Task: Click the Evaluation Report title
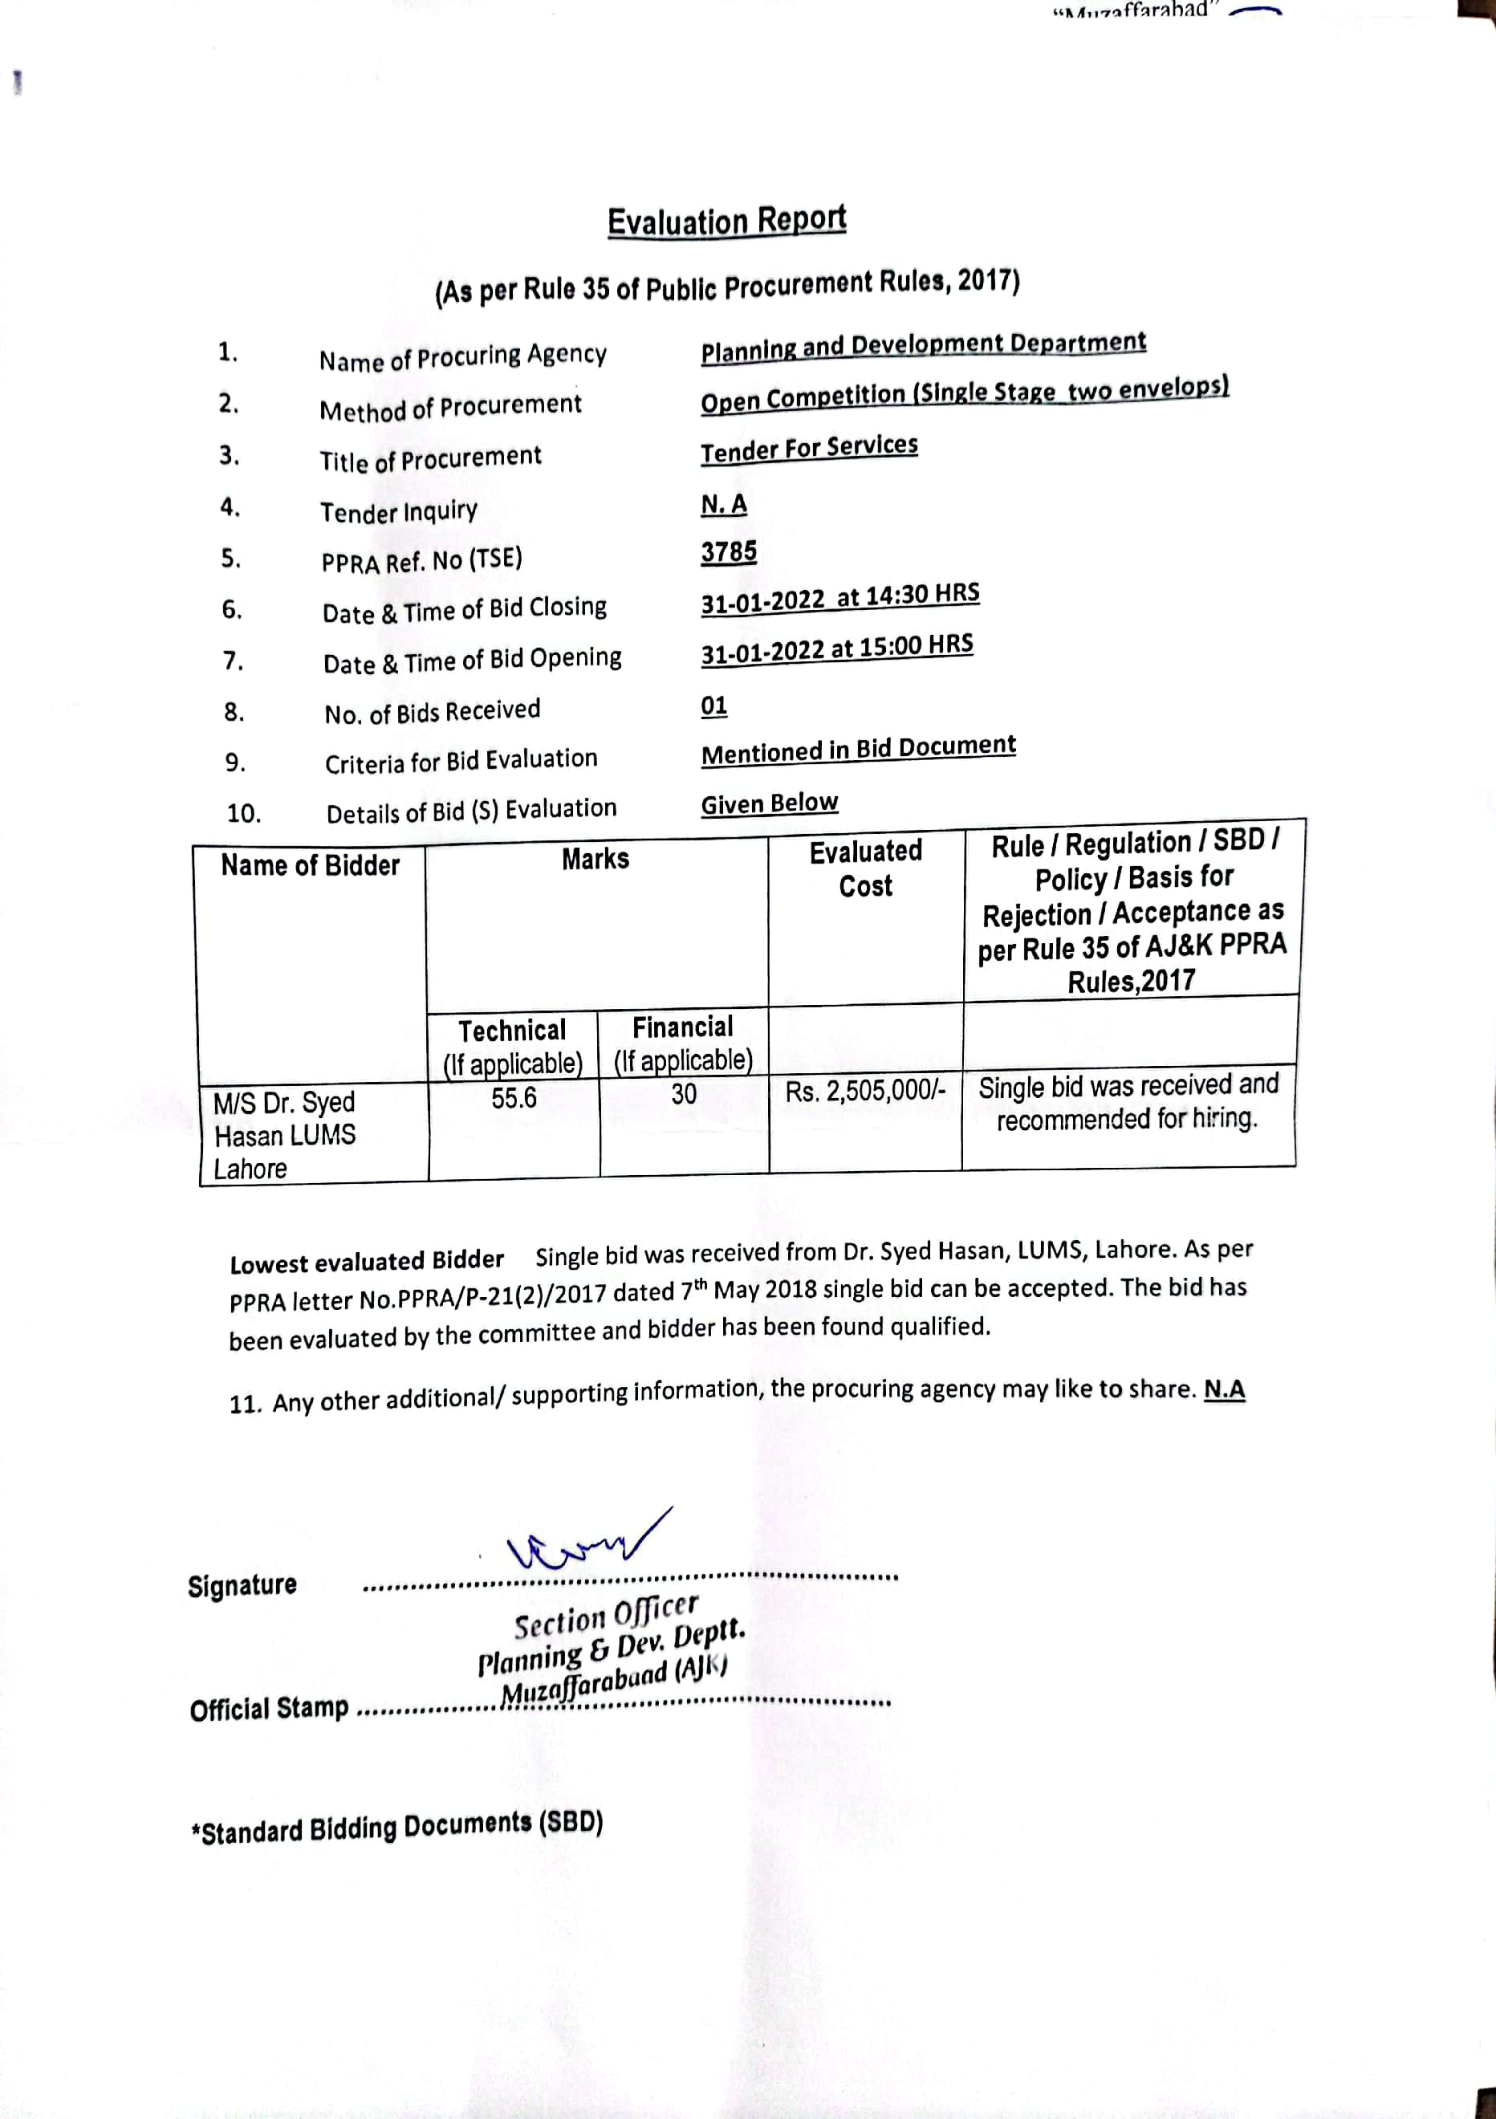click(726, 221)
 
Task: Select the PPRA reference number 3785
click(728, 552)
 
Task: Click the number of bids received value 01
click(713, 706)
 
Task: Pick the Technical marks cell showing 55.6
click(513, 1097)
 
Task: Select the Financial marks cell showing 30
click(683, 1094)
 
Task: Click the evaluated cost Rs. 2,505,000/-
click(864, 1092)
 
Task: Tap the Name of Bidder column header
click(310, 866)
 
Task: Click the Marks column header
click(596, 859)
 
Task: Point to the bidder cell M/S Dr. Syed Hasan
click(284, 1135)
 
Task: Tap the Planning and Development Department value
click(923, 346)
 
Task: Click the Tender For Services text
click(808, 449)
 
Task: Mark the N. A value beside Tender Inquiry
click(724, 505)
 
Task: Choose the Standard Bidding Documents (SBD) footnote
click(396, 1828)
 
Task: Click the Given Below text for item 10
click(769, 803)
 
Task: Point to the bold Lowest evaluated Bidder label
click(367, 1261)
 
